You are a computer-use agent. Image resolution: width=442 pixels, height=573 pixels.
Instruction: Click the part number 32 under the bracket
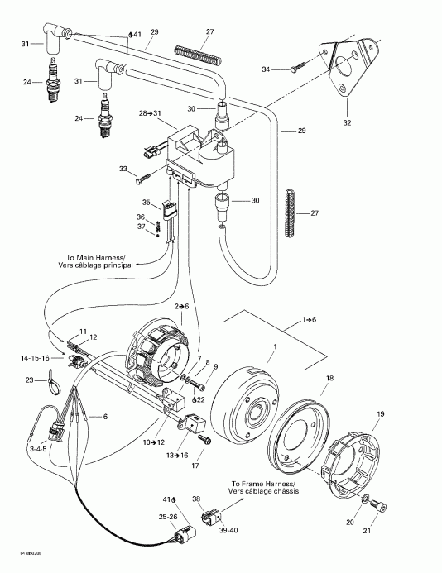click(x=347, y=122)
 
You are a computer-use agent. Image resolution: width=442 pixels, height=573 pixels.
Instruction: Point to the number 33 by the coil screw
click(x=124, y=169)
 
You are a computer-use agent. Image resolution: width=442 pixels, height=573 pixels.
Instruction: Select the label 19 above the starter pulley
click(x=381, y=413)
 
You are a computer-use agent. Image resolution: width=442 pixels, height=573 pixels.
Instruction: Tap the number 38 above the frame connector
click(x=196, y=499)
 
